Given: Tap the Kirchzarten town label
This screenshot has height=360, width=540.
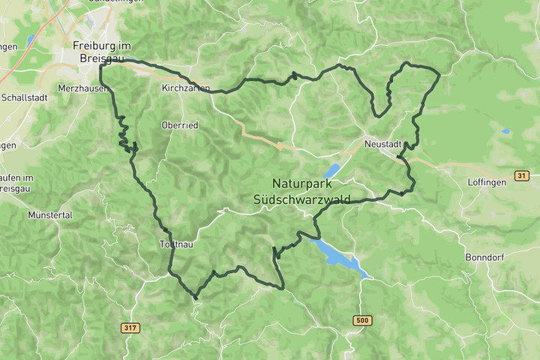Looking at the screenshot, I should [185, 88].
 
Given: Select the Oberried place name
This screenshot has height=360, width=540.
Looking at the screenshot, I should [180, 125].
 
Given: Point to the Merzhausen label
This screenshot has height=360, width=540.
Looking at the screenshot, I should [82, 88].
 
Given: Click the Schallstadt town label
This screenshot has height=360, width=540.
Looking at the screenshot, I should [25, 97].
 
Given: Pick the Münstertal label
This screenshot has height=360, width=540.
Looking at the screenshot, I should [49, 214].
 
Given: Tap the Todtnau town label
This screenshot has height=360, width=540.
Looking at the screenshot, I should [177, 244].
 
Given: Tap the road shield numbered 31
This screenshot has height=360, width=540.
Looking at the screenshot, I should [522, 175].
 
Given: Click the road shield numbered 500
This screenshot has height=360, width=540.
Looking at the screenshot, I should [362, 320].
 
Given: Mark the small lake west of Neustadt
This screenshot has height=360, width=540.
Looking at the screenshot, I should [331, 170].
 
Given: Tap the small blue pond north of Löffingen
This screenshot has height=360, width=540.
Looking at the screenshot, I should [505, 132].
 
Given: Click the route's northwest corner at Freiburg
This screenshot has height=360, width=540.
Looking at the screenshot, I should [100, 66].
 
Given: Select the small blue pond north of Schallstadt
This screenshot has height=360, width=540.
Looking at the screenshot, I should [31, 39].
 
